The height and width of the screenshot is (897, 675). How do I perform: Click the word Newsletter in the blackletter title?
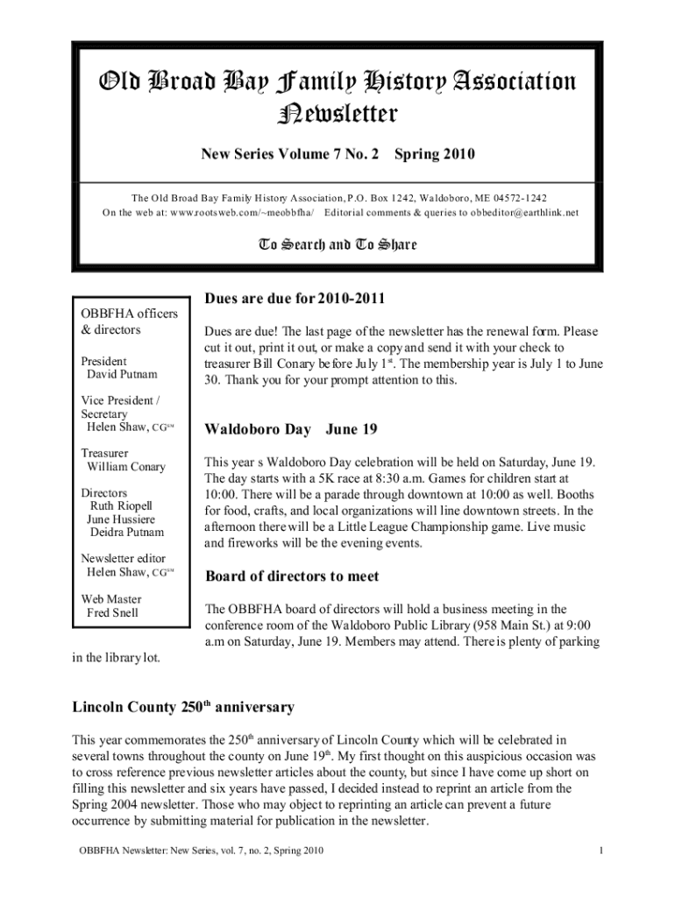337,114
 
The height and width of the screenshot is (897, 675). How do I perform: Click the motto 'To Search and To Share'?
337,244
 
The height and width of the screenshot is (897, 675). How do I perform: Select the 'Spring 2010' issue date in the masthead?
434,155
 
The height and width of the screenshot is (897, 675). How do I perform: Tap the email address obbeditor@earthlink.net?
503,213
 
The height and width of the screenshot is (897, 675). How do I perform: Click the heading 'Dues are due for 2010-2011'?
295,300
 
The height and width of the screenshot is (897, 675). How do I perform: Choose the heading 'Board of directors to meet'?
291,576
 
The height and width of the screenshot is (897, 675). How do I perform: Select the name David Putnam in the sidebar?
122,375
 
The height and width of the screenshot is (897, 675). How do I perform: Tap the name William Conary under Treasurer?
125,467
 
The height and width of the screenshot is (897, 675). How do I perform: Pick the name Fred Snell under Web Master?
112,612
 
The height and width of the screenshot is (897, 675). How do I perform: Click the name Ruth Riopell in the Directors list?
121,506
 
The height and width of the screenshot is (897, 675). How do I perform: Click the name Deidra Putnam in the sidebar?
126,533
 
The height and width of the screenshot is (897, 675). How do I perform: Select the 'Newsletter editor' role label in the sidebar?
123,559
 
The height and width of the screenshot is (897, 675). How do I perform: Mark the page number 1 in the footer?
600,851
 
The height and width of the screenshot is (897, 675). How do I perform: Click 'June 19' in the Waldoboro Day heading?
352,429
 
